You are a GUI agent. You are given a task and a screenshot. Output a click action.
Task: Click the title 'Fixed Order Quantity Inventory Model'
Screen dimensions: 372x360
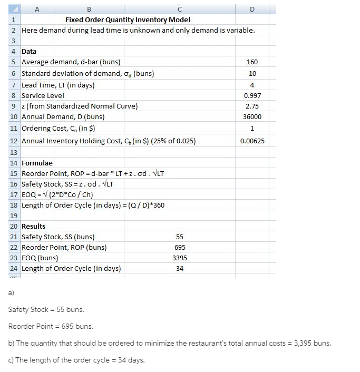128,19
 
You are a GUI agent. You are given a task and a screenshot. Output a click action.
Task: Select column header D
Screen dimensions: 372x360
251,8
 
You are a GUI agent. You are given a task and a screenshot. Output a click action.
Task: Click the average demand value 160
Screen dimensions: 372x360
252,62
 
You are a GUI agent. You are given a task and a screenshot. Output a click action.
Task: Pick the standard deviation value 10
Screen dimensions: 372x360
252,74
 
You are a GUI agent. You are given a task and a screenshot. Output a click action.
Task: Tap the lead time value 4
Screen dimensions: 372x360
252,85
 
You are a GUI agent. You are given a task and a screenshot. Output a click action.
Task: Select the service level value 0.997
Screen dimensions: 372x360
252,96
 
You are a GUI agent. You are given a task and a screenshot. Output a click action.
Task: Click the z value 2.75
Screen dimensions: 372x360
252,106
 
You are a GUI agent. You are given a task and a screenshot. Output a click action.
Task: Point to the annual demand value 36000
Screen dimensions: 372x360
252,116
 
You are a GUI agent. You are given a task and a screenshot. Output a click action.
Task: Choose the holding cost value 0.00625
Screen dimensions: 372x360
252,141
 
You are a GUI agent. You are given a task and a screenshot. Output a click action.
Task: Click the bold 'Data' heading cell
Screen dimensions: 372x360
29,52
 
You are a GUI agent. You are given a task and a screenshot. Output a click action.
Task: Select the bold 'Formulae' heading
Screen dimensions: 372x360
37,163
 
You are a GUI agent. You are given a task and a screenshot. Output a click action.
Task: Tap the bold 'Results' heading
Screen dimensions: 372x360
33,227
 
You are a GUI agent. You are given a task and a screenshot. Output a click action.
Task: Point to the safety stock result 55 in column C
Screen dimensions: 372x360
180,237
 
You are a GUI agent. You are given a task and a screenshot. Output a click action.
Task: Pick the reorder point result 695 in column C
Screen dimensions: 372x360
180,248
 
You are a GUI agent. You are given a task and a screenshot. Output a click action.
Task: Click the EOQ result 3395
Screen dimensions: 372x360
180,258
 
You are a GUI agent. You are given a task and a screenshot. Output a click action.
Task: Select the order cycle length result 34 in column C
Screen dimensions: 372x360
180,269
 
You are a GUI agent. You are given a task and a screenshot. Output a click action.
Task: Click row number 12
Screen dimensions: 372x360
14,141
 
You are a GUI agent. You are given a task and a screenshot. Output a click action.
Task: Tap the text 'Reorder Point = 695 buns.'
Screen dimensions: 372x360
51,327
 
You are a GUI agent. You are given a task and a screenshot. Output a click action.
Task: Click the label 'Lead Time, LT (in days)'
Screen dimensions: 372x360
58,85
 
